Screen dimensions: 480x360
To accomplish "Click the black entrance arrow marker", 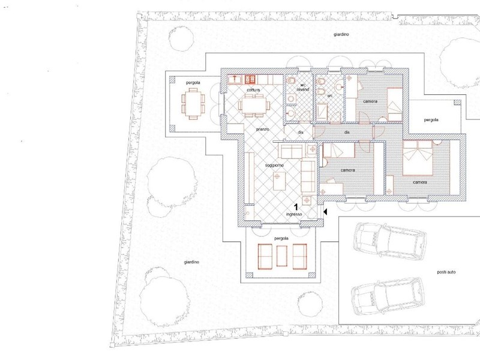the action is tap(325, 212).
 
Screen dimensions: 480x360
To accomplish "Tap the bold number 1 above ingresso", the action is tap(296, 207).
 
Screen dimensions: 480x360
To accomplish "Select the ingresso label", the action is tap(294, 214).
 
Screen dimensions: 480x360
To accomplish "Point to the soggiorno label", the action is tap(274, 166).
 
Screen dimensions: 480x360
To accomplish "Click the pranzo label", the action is tap(262, 130).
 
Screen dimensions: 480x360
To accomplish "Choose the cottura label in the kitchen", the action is tap(253, 90).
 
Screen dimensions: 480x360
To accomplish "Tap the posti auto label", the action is tap(446, 272).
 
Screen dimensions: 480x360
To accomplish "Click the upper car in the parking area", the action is tap(389, 242).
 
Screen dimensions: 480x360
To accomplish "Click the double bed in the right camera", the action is tap(418, 158).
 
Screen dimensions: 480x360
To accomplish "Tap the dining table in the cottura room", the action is tap(254, 106).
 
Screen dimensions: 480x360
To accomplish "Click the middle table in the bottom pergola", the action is tap(281, 256).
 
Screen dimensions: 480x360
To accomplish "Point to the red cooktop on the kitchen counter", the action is tap(250, 80).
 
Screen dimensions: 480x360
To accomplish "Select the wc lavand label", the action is tap(303, 87).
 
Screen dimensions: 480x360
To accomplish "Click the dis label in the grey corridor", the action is tap(347, 132).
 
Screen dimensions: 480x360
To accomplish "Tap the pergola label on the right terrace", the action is tap(431, 119).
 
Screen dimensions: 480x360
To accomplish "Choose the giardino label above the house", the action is tap(341, 35).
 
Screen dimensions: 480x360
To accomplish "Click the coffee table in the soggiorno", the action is tap(279, 181).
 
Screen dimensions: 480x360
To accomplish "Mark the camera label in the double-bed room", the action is tap(419, 182).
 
